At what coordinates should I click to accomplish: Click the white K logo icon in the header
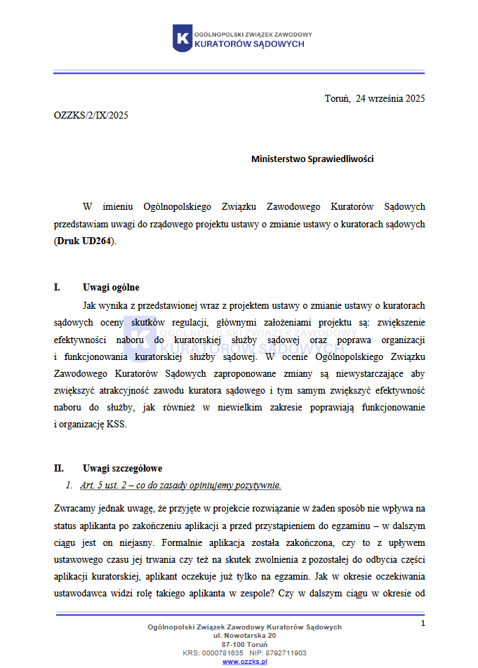[182, 38]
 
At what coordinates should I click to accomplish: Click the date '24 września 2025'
[390, 98]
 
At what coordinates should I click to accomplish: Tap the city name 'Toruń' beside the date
[338, 98]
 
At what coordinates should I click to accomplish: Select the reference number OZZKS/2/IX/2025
[91, 116]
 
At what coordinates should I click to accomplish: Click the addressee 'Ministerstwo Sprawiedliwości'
[312, 159]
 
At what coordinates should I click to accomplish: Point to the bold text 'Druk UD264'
[84, 241]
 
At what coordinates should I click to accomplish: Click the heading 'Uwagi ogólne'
[111, 287]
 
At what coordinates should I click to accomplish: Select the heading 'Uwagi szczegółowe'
[122, 468]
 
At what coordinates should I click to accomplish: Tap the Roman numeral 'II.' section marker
[59, 468]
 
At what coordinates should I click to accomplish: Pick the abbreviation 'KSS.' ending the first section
[117, 424]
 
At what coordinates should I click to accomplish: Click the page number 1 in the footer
[423, 623]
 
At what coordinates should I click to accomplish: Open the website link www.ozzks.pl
[244, 661]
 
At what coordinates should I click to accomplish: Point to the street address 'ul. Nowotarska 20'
[244, 635]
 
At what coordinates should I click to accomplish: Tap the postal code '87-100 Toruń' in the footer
[244, 644]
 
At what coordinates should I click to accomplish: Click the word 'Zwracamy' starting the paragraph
[73, 508]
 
